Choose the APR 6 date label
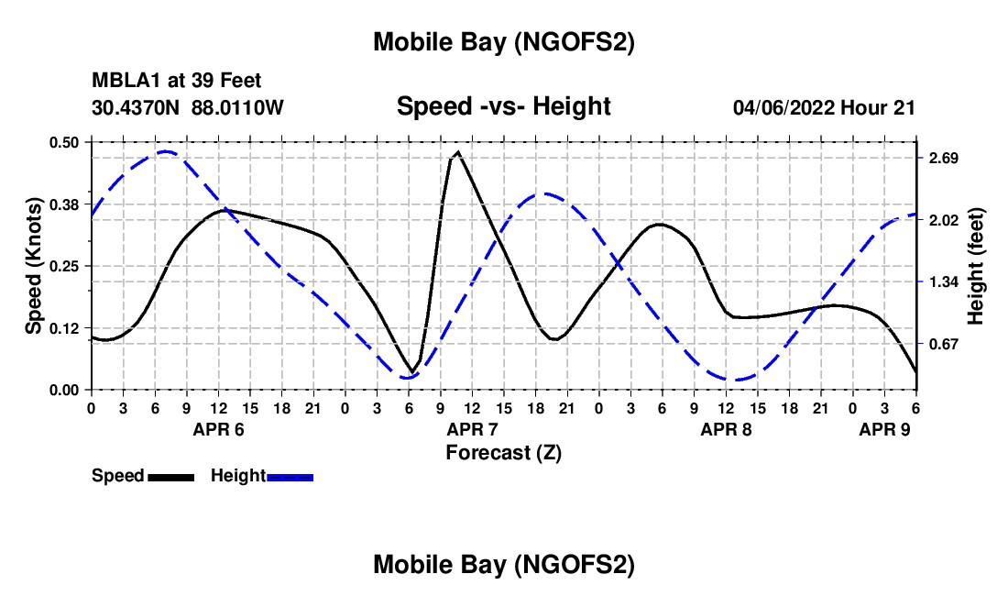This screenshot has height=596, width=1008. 218,429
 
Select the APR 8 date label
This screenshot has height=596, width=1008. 727,429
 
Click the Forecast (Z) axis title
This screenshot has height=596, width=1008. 503,452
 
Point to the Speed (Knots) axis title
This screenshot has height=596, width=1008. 34,266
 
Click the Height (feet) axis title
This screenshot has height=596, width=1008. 975,266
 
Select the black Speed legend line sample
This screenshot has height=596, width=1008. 170,477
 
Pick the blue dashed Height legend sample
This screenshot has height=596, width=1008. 290,477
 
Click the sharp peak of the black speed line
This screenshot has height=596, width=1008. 457,152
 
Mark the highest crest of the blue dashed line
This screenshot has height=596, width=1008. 165,151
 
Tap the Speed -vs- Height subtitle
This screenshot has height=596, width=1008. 503,106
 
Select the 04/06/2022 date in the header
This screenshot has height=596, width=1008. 783,107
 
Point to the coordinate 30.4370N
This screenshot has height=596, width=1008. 137,107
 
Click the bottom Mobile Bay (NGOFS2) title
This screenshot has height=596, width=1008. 503,565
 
